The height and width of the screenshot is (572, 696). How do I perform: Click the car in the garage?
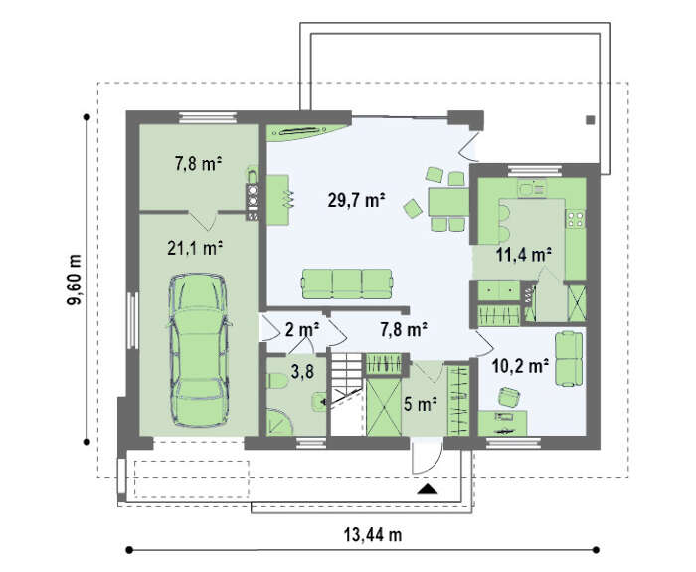point(199,350)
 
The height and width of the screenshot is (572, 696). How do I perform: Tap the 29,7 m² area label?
point(356,200)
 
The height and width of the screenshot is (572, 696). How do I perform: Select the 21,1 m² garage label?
point(195,248)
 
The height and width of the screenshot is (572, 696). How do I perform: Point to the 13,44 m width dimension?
point(373,535)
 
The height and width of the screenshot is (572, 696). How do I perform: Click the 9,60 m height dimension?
point(75,280)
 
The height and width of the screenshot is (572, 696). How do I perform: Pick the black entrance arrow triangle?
point(428,489)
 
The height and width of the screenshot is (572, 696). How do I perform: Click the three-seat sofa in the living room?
point(347,284)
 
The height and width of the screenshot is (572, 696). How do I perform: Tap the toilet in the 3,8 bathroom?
point(277,381)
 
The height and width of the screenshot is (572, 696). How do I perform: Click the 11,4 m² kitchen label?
point(524,255)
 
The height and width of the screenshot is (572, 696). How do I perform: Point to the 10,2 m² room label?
point(520,366)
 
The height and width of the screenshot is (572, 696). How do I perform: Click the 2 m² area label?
point(302,330)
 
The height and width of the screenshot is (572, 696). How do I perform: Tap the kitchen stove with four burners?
point(576,219)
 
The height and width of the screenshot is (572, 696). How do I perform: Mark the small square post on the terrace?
point(591,120)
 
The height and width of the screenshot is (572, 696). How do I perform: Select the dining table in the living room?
point(448,202)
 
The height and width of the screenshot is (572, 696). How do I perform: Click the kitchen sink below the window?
point(531,190)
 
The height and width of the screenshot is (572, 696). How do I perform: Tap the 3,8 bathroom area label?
point(302,372)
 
